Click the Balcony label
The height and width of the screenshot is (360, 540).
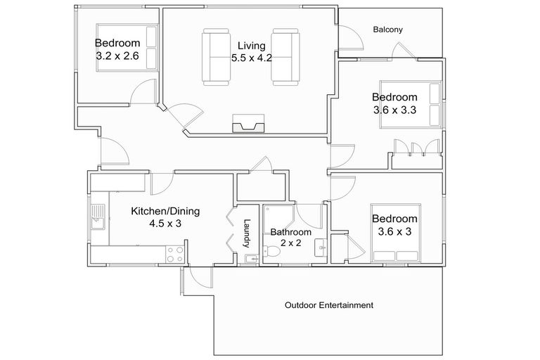pos(388,30)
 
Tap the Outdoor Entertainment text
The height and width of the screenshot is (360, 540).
pos(329,305)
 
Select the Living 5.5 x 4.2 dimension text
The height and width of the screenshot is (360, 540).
pos(252,58)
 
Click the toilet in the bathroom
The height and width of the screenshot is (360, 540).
pos(271,251)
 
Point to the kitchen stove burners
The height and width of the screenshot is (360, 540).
pos(174,255)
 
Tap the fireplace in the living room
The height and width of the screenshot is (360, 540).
pos(248,124)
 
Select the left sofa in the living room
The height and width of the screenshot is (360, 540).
pos(216,57)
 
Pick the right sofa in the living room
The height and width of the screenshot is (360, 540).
pos(285,57)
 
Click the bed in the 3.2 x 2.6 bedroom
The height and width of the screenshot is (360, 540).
pos(127,48)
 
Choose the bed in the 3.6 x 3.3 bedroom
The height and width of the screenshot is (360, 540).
pos(411,104)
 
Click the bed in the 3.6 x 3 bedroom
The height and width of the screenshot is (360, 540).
pos(396,233)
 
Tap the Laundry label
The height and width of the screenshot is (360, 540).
pos(247,233)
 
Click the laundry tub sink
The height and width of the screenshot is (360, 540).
pos(252,259)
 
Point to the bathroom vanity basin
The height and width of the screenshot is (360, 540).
pos(321,247)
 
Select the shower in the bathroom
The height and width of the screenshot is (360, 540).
pos(278,219)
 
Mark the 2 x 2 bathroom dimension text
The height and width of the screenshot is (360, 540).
pos(291,243)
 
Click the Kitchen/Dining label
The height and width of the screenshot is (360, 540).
pos(165,211)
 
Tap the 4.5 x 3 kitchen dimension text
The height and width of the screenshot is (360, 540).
pos(165,224)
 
